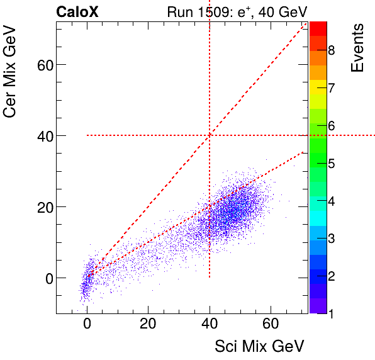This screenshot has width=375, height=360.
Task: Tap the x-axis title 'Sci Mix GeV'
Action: coord(259,346)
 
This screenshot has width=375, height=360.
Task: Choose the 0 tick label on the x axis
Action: coord(87,325)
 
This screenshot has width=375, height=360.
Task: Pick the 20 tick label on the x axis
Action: coord(148,325)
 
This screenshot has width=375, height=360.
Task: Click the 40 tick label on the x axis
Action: coord(210,325)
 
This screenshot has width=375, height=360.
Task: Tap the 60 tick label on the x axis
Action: coord(271,325)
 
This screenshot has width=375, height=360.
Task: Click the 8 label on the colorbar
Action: coord(331,50)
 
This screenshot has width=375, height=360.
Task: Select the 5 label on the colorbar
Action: coord(331,164)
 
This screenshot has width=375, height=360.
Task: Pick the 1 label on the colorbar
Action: coord(331,313)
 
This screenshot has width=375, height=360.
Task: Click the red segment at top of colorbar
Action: coord(317,28)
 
